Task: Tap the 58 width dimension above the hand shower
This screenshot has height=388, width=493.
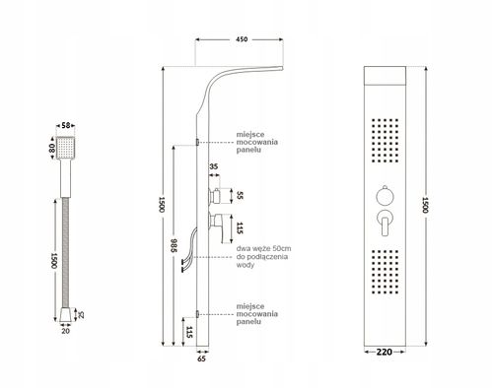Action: tap(67, 126)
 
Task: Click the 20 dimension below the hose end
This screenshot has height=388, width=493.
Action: tap(66, 333)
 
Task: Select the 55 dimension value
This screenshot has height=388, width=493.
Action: tap(238, 195)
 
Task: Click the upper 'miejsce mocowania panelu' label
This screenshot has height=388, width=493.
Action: tap(256, 142)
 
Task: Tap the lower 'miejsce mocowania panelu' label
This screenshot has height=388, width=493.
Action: tap(256, 313)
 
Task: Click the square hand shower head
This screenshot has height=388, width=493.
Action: tap(67, 150)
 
